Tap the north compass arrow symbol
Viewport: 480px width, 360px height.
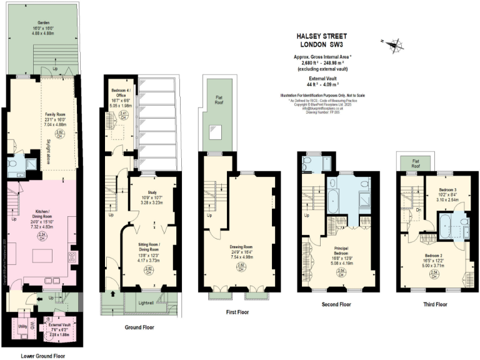393,44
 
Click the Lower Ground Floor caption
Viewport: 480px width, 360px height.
42,356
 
